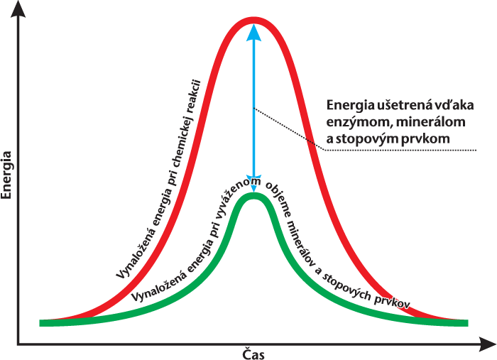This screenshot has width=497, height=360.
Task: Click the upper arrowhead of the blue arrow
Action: [x=253, y=31]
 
